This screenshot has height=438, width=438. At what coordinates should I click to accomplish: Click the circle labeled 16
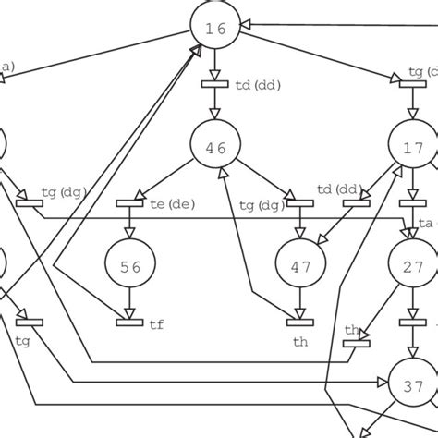pos(214,28)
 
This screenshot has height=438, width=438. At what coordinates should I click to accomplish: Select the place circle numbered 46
pos(214,146)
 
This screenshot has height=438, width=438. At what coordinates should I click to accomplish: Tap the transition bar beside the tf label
pos(129,322)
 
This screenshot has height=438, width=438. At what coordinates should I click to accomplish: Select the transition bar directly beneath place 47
pos(300,322)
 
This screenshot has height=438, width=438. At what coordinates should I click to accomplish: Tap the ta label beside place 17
pos(426,224)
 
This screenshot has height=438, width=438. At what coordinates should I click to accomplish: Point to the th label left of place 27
pos(352,330)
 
